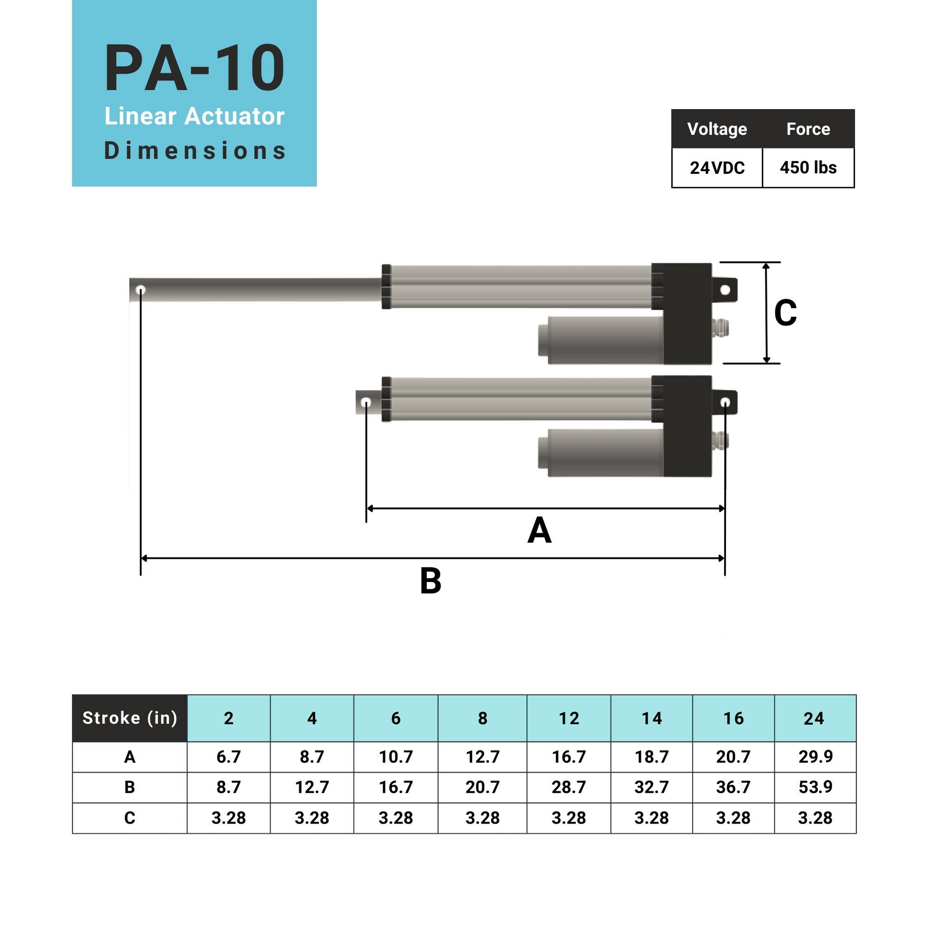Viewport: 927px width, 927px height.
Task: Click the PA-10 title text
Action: click(194, 68)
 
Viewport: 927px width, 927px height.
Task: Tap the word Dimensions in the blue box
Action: click(194, 151)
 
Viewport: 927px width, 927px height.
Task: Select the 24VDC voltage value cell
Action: click(717, 168)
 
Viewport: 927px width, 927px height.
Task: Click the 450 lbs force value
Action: click(808, 168)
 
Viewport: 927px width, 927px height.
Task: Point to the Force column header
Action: click(808, 129)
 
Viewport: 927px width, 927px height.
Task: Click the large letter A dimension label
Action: click(539, 531)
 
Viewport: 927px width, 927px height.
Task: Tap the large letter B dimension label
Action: click(431, 581)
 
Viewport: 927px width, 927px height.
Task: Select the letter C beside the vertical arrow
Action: click(785, 313)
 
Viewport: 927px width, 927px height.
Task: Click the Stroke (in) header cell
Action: click(130, 718)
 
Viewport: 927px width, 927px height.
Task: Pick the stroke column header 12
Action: click(569, 718)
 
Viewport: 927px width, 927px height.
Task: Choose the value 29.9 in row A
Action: click(815, 756)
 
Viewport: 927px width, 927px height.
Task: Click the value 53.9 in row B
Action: click(815, 787)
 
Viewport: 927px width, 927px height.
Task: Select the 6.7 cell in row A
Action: click(228, 756)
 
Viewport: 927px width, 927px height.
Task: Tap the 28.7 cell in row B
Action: click(569, 787)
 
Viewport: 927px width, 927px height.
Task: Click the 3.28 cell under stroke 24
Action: click(815, 817)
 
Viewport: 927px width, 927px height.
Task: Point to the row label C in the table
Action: click(130, 817)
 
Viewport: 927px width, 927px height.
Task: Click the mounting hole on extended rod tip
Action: click(141, 290)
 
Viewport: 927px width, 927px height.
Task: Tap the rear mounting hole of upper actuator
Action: click(725, 290)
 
